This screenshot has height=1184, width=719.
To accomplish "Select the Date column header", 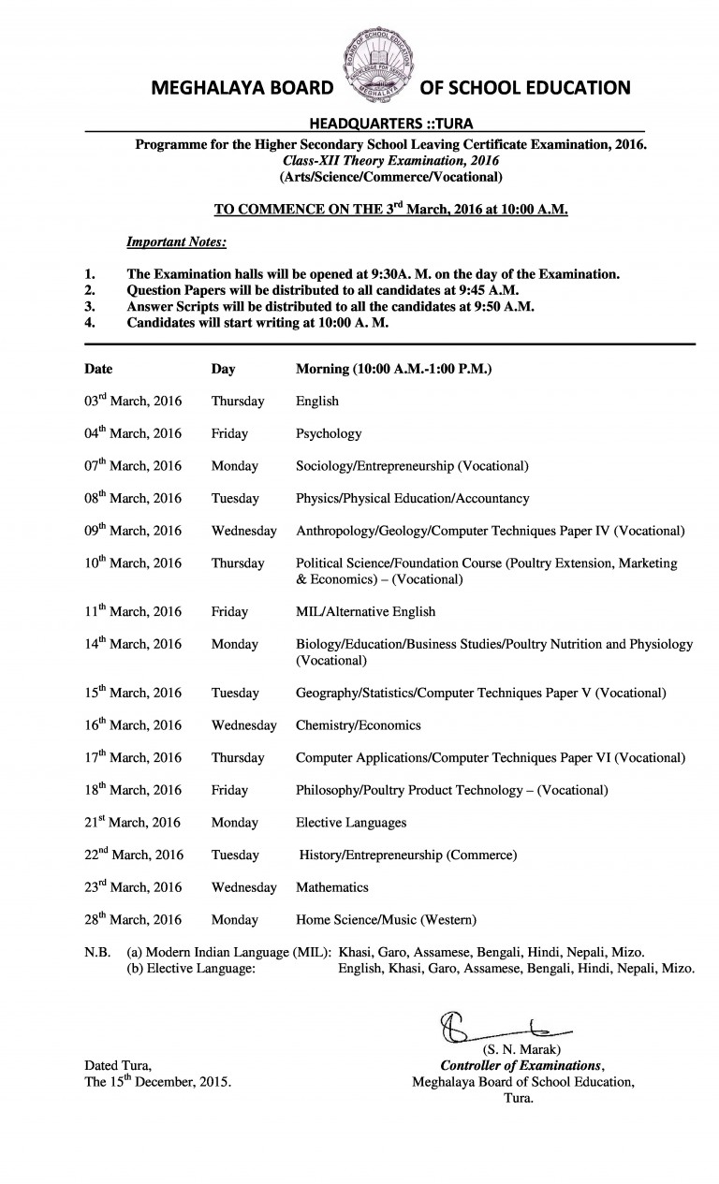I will click(x=98, y=369).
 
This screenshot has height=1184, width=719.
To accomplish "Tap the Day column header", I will click(x=223, y=369).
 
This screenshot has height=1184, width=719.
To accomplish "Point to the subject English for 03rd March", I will click(x=317, y=402).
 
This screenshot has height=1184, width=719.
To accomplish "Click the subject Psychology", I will click(x=329, y=434).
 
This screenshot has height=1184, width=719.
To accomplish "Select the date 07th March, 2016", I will click(x=133, y=466).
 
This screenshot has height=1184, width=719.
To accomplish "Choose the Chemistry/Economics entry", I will click(x=358, y=725).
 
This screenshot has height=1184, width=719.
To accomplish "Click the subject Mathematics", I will click(x=332, y=887).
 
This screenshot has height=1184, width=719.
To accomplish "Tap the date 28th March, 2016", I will click(x=133, y=920).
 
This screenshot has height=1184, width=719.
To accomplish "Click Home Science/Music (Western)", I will click(x=387, y=920).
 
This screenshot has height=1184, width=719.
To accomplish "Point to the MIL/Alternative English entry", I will click(x=365, y=612).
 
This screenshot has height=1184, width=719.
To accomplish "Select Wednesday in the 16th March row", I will click(x=243, y=725).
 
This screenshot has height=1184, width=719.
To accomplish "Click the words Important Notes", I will click(x=176, y=242).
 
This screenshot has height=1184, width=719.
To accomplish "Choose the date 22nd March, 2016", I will click(x=134, y=855).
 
